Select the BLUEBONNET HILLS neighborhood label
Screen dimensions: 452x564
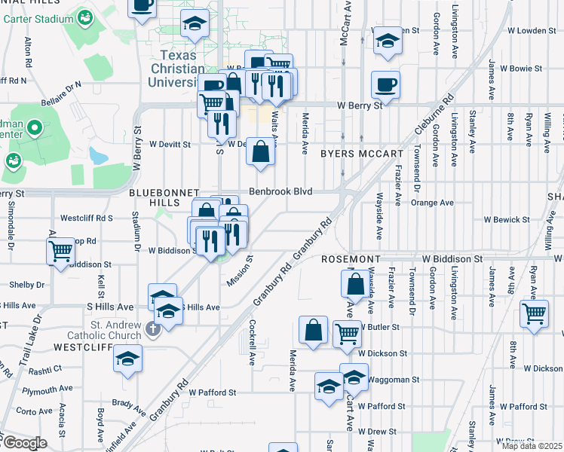pyautogui.click(x=164, y=193)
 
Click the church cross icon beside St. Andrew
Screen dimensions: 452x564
pyautogui.click(x=152, y=329)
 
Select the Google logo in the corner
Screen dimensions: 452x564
pyautogui.click(x=24, y=443)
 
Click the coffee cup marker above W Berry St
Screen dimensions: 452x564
pyautogui.click(x=385, y=84)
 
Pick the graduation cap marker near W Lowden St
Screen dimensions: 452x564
pyautogui.click(x=388, y=41)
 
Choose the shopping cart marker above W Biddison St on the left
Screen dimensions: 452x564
pyautogui.click(x=60, y=251)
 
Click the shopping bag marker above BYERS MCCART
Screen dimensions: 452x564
pyautogui.click(x=260, y=151)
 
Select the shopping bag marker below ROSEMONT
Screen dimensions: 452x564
pyautogui.click(x=355, y=285)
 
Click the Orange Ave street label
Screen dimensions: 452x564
pyautogui.click(x=432, y=203)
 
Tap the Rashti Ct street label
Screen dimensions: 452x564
pyautogui.click(x=47, y=370)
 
